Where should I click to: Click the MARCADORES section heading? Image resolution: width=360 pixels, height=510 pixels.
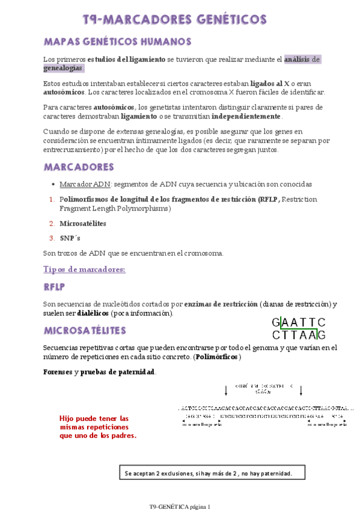[79, 166]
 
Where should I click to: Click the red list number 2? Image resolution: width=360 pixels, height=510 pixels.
[52, 223]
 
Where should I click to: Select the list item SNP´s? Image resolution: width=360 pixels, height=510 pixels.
[70, 238]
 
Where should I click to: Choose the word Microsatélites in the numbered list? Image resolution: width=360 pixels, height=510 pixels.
[83, 223]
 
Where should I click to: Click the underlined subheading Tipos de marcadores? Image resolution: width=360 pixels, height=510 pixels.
[85, 269]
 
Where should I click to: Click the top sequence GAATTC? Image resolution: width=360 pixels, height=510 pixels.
[299, 322]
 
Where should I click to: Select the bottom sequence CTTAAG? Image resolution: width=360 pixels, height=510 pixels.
[299, 335]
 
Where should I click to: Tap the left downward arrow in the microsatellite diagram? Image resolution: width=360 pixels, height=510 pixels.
[225, 390]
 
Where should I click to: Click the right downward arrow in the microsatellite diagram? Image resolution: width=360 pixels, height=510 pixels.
[301, 390]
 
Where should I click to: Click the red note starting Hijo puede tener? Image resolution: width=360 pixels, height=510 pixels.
[98, 427]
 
